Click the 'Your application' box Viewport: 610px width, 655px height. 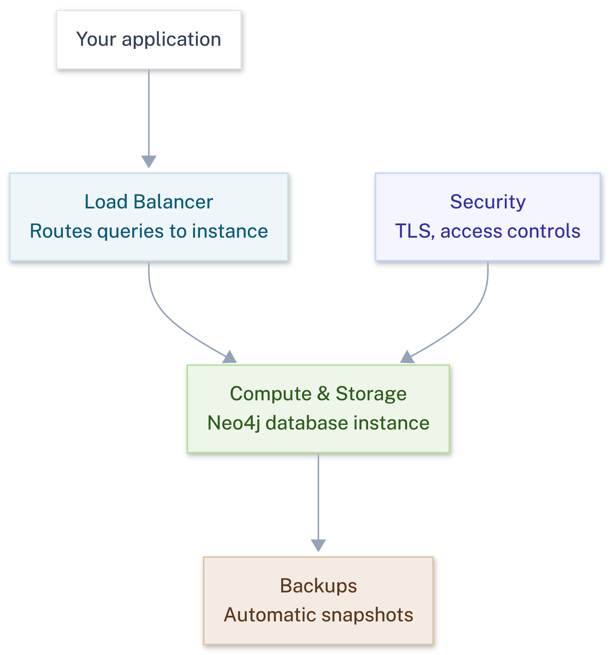(149, 39)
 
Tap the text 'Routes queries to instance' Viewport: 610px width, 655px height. (149, 231)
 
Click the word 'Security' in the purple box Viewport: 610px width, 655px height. (488, 202)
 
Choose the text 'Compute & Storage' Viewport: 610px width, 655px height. (318, 393)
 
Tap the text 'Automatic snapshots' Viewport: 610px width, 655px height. (318, 615)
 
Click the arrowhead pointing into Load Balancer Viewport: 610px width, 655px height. (149, 161)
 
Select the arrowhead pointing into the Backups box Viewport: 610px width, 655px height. (318, 545)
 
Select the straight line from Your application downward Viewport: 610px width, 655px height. (149, 112)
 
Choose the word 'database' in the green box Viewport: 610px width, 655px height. (307, 423)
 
